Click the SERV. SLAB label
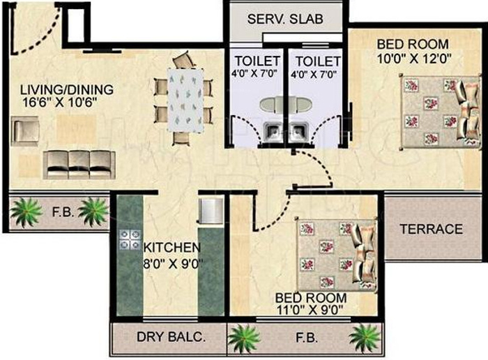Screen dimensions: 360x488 (286, 18)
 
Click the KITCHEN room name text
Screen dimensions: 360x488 (172, 247)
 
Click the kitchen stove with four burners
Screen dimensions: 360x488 (130, 239)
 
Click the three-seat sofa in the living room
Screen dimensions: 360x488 (79, 164)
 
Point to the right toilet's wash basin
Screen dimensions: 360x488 (300, 130)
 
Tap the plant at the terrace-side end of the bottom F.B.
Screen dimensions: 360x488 (364, 338)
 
